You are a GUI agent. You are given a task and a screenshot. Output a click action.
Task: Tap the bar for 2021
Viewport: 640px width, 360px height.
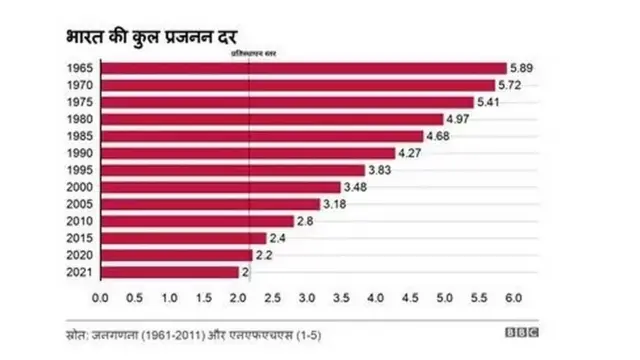(x=170, y=272)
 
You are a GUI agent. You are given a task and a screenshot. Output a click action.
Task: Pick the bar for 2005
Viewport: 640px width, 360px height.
(x=210, y=204)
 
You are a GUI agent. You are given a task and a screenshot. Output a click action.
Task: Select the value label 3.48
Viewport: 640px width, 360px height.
(x=355, y=187)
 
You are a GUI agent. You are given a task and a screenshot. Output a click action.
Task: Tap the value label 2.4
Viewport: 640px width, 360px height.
(x=278, y=238)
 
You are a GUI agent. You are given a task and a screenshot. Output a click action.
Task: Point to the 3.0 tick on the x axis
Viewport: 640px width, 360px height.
(x=307, y=299)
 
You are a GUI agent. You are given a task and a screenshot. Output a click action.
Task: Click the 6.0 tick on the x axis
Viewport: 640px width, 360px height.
(x=514, y=299)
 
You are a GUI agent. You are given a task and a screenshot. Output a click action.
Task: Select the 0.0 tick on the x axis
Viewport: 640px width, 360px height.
(x=100, y=299)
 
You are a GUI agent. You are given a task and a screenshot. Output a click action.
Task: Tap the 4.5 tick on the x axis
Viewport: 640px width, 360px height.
(x=411, y=299)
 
